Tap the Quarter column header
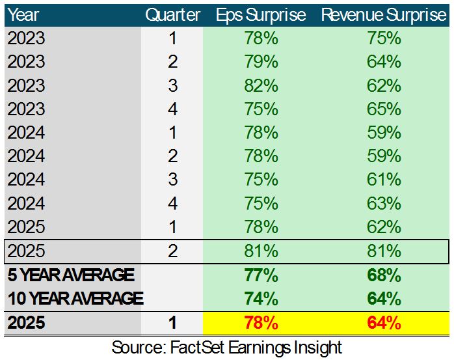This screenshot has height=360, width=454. click(x=172, y=15)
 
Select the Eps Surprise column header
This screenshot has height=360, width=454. click(x=261, y=15)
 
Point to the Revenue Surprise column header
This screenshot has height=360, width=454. click(x=383, y=15)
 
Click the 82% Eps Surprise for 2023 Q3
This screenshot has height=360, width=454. click(x=261, y=85)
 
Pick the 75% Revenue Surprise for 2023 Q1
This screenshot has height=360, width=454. click(x=383, y=38)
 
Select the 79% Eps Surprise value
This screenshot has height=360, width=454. click(x=261, y=62)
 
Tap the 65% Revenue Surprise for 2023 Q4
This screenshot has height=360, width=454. click(x=383, y=109)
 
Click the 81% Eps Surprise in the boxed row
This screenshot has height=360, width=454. click(x=261, y=251)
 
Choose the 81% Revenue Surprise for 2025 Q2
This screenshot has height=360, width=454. click(x=383, y=251)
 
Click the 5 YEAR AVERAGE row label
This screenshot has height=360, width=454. click(x=70, y=275)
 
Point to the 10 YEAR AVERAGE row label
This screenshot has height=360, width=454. click(x=75, y=298)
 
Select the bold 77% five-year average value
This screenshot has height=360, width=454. click(x=261, y=275)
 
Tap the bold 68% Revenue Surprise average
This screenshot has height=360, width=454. click(x=383, y=275)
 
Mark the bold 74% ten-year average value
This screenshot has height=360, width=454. click(x=261, y=298)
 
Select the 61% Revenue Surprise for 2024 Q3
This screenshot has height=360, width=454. click(x=383, y=180)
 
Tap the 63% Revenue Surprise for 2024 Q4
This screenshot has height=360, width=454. click(x=383, y=203)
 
